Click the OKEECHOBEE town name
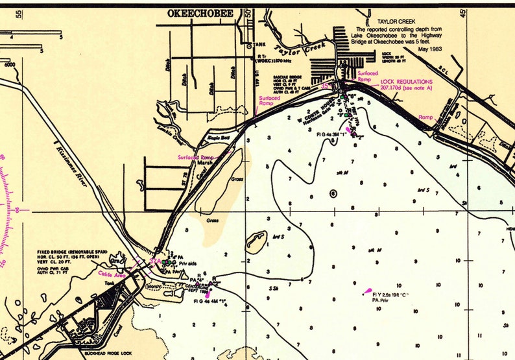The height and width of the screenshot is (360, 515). click(200, 13)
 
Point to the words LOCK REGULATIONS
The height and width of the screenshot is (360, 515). click(407, 82)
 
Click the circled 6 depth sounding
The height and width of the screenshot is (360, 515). click(333, 193)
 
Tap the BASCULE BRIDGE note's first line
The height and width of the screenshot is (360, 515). click(289, 77)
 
